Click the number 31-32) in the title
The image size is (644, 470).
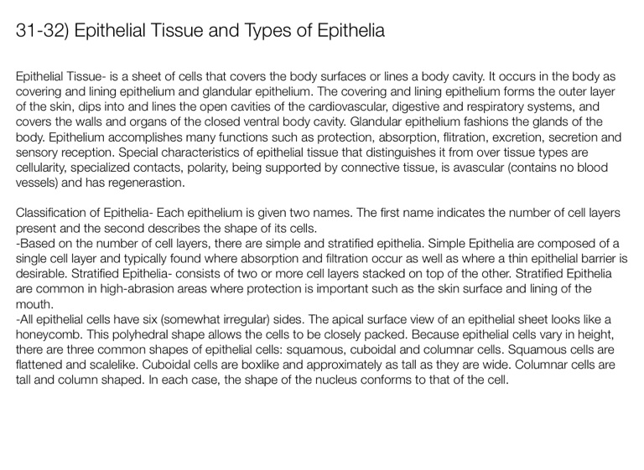point(43,33)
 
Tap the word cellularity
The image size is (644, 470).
point(47,167)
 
